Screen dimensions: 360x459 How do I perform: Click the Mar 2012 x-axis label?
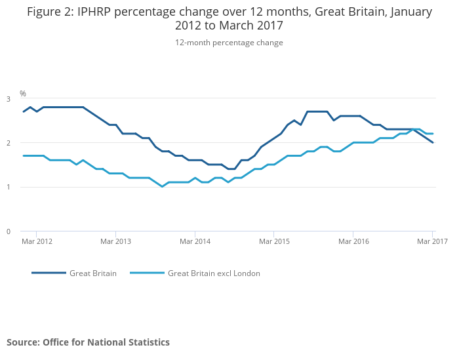[x=37, y=241]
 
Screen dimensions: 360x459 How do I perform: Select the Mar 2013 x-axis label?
[x=115, y=241]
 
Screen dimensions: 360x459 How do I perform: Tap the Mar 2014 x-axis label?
[x=195, y=241]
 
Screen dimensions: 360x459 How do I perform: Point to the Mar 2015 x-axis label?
[x=274, y=241]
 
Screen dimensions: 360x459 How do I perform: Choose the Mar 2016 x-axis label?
[x=353, y=241]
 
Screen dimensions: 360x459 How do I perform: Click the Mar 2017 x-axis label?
[x=432, y=241]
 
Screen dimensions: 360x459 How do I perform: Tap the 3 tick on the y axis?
[x=9, y=99]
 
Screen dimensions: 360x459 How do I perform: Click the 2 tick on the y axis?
[x=9, y=143]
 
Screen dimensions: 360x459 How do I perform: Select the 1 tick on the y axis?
[x=9, y=188]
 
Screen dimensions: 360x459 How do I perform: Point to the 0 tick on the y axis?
[x=9, y=231]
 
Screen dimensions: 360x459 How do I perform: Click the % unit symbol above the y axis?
[x=23, y=94]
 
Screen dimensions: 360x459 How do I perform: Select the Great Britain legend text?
[x=93, y=273]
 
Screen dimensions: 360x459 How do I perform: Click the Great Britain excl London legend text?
[x=214, y=273]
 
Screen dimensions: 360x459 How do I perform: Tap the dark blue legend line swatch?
[x=49, y=273]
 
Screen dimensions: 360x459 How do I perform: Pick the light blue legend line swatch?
[x=147, y=273]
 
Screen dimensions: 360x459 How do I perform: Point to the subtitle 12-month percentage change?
[x=229, y=43]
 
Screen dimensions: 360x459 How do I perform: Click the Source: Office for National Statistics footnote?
[x=88, y=342]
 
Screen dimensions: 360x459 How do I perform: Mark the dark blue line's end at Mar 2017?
[x=433, y=143]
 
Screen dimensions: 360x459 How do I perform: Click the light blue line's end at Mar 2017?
[x=433, y=134]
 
